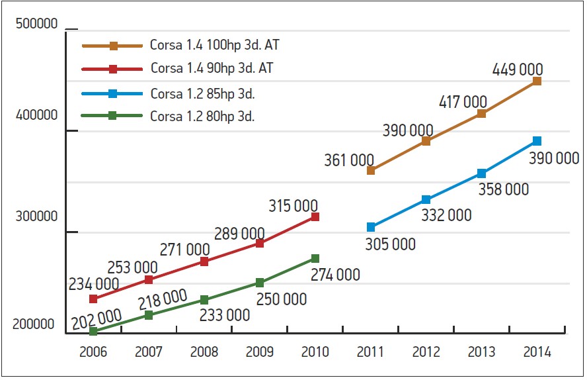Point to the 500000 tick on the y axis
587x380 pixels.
point(36,24)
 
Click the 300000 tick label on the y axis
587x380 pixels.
point(36,216)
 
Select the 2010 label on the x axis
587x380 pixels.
point(315,352)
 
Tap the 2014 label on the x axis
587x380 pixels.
point(537,352)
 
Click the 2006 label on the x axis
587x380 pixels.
point(93,352)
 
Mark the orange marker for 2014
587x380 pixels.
point(537,81)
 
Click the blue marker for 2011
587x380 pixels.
point(371,227)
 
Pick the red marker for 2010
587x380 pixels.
point(315,216)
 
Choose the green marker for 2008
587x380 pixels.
point(204,300)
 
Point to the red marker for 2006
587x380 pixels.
point(93,299)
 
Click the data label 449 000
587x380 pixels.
point(518,69)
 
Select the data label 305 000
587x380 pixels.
point(390,244)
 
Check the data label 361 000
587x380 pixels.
point(349,160)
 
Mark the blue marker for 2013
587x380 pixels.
point(481,173)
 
